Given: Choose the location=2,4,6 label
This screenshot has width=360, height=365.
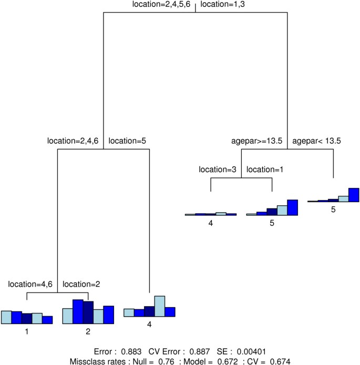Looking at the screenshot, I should click(74, 141).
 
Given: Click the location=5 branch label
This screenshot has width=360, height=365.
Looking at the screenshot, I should click(128, 141).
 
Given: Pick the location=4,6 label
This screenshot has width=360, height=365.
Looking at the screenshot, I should click(31, 284).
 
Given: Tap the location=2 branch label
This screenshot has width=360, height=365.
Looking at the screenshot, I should click(82, 284).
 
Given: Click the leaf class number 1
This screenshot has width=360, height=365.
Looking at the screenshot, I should click(26, 331).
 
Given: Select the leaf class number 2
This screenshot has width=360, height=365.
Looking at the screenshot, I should click(88, 331).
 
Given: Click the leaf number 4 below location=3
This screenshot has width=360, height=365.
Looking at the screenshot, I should click(211, 223).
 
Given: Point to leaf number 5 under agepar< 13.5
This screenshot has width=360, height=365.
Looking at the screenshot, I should click(333, 209).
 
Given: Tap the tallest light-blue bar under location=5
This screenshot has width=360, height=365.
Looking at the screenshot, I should click(160, 306).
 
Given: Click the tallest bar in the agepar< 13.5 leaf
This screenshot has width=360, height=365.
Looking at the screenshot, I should click(353, 195).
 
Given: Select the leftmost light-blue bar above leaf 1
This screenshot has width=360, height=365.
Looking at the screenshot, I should click(6, 317).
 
